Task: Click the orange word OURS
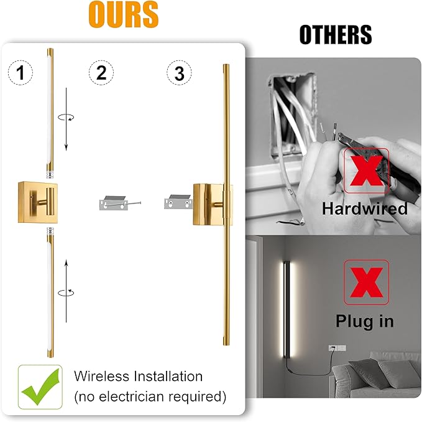(x=123, y=15)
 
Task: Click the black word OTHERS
(x=336, y=35)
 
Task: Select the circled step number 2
(x=101, y=73)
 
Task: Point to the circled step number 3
(x=180, y=73)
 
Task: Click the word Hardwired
(x=365, y=209)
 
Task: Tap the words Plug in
(x=365, y=322)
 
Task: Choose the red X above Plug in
(x=366, y=284)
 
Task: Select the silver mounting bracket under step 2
(x=115, y=204)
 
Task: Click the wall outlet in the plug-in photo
(x=333, y=350)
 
